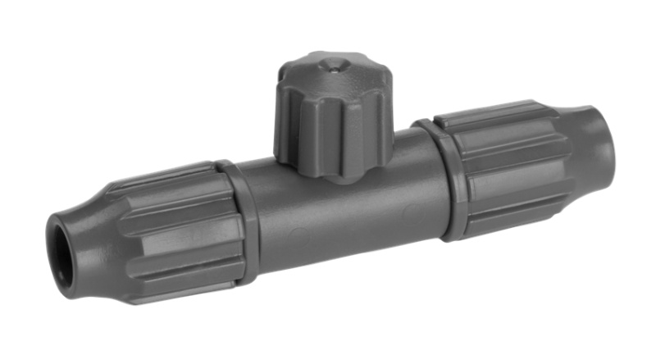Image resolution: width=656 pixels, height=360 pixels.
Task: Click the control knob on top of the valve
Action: (332, 115)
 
